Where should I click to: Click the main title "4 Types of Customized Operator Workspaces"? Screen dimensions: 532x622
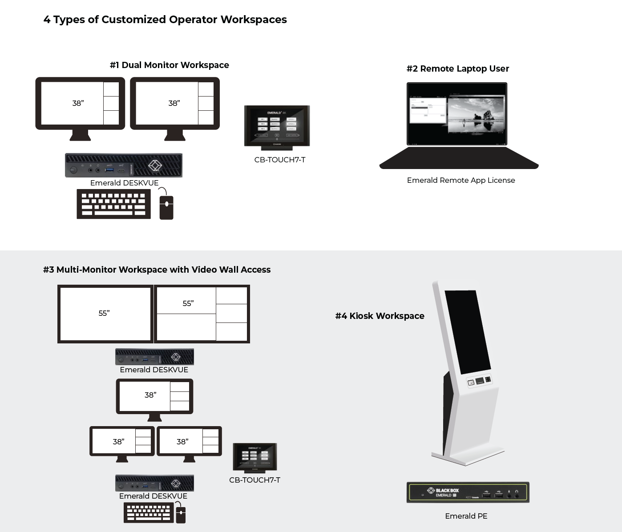(x=165, y=20)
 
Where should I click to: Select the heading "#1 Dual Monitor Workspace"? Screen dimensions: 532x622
(x=169, y=65)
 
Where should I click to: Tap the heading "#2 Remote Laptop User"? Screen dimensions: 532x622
(x=457, y=69)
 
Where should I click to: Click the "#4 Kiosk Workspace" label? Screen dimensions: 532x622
(x=380, y=316)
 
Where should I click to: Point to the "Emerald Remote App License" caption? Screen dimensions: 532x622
(x=461, y=180)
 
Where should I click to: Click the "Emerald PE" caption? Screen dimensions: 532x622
(x=466, y=516)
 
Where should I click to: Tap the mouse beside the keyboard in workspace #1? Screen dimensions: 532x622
(x=166, y=206)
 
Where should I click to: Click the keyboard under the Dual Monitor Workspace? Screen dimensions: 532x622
(x=113, y=204)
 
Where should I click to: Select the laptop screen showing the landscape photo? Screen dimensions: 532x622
(x=457, y=114)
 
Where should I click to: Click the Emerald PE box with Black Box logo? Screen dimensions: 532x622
(x=468, y=492)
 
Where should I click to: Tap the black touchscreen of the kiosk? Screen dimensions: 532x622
(x=467, y=331)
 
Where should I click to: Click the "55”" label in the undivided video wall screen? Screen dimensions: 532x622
(x=104, y=313)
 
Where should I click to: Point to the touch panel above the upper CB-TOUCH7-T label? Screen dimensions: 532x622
(x=277, y=126)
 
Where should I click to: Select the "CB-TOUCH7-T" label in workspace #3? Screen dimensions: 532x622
(x=254, y=480)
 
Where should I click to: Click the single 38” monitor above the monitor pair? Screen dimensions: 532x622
(x=154, y=396)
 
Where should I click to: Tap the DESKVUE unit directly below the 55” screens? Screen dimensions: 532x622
(x=154, y=357)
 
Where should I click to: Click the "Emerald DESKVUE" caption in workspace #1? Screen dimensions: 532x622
(x=124, y=183)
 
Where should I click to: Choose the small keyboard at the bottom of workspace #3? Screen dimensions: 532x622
(x=149, y=512)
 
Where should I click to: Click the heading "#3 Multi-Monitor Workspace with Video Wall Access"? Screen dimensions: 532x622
(x=157, y=270)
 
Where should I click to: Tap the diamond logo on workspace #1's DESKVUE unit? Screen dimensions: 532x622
(x=154, y=165)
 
